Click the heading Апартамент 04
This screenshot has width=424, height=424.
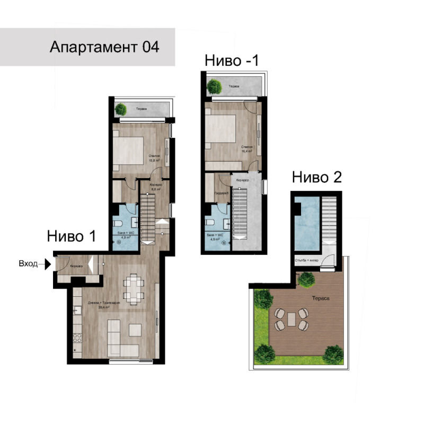click(x=104, y=47)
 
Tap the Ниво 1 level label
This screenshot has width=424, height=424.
click(x=72, y=236)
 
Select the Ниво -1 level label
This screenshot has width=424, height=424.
click(x=232, y=60)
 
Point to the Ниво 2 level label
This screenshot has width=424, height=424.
click(x=316, y=177)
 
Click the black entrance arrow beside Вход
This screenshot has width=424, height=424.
click(x=47, y=263)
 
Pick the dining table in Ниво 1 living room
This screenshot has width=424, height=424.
click(x=133, y=288)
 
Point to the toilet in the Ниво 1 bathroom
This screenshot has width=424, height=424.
click(x=120, y=223)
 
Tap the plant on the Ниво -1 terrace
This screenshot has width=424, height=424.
click(x=214, y=86)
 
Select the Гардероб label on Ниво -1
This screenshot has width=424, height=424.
click(x=221, y=195)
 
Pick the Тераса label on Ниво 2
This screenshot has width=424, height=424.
click(x=321, y=299)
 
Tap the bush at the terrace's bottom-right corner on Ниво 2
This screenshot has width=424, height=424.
click(x=332, y=352)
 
